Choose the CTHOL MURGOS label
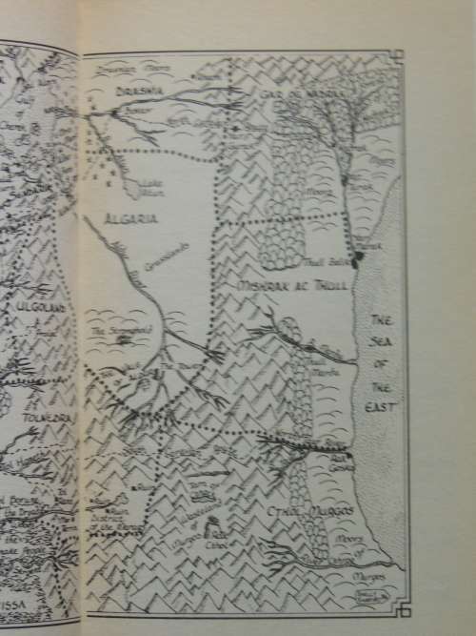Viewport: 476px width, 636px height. pos(325,513)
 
